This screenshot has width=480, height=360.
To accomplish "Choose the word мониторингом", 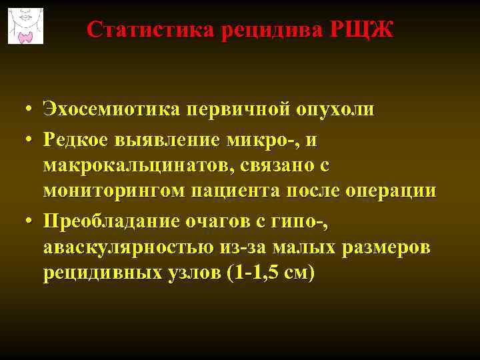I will tap(113, 192).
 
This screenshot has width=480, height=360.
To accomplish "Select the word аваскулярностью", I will tap(127, 247).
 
